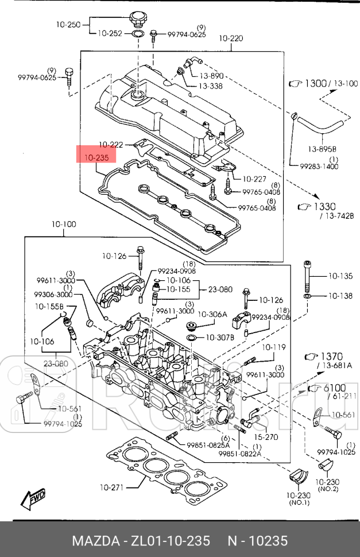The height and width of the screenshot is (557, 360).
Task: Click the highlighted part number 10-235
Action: [96, 157]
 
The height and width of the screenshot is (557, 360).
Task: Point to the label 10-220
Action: [231, 39]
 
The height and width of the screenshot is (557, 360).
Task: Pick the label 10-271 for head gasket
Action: [111, 488]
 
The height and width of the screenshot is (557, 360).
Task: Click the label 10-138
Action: [340, 296]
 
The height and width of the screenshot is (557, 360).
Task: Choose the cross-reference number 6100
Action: [336, 388]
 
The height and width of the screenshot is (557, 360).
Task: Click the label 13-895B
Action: [322, 149]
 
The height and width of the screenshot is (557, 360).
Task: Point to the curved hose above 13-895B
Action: [319, 126]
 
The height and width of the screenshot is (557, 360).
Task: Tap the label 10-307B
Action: [219, 337]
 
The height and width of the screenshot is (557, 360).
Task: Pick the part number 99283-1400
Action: [319, 167]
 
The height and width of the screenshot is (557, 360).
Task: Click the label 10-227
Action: [254, 179]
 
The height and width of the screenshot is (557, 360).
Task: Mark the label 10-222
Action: [111, 144]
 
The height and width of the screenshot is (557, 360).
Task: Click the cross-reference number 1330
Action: [325, 207]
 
